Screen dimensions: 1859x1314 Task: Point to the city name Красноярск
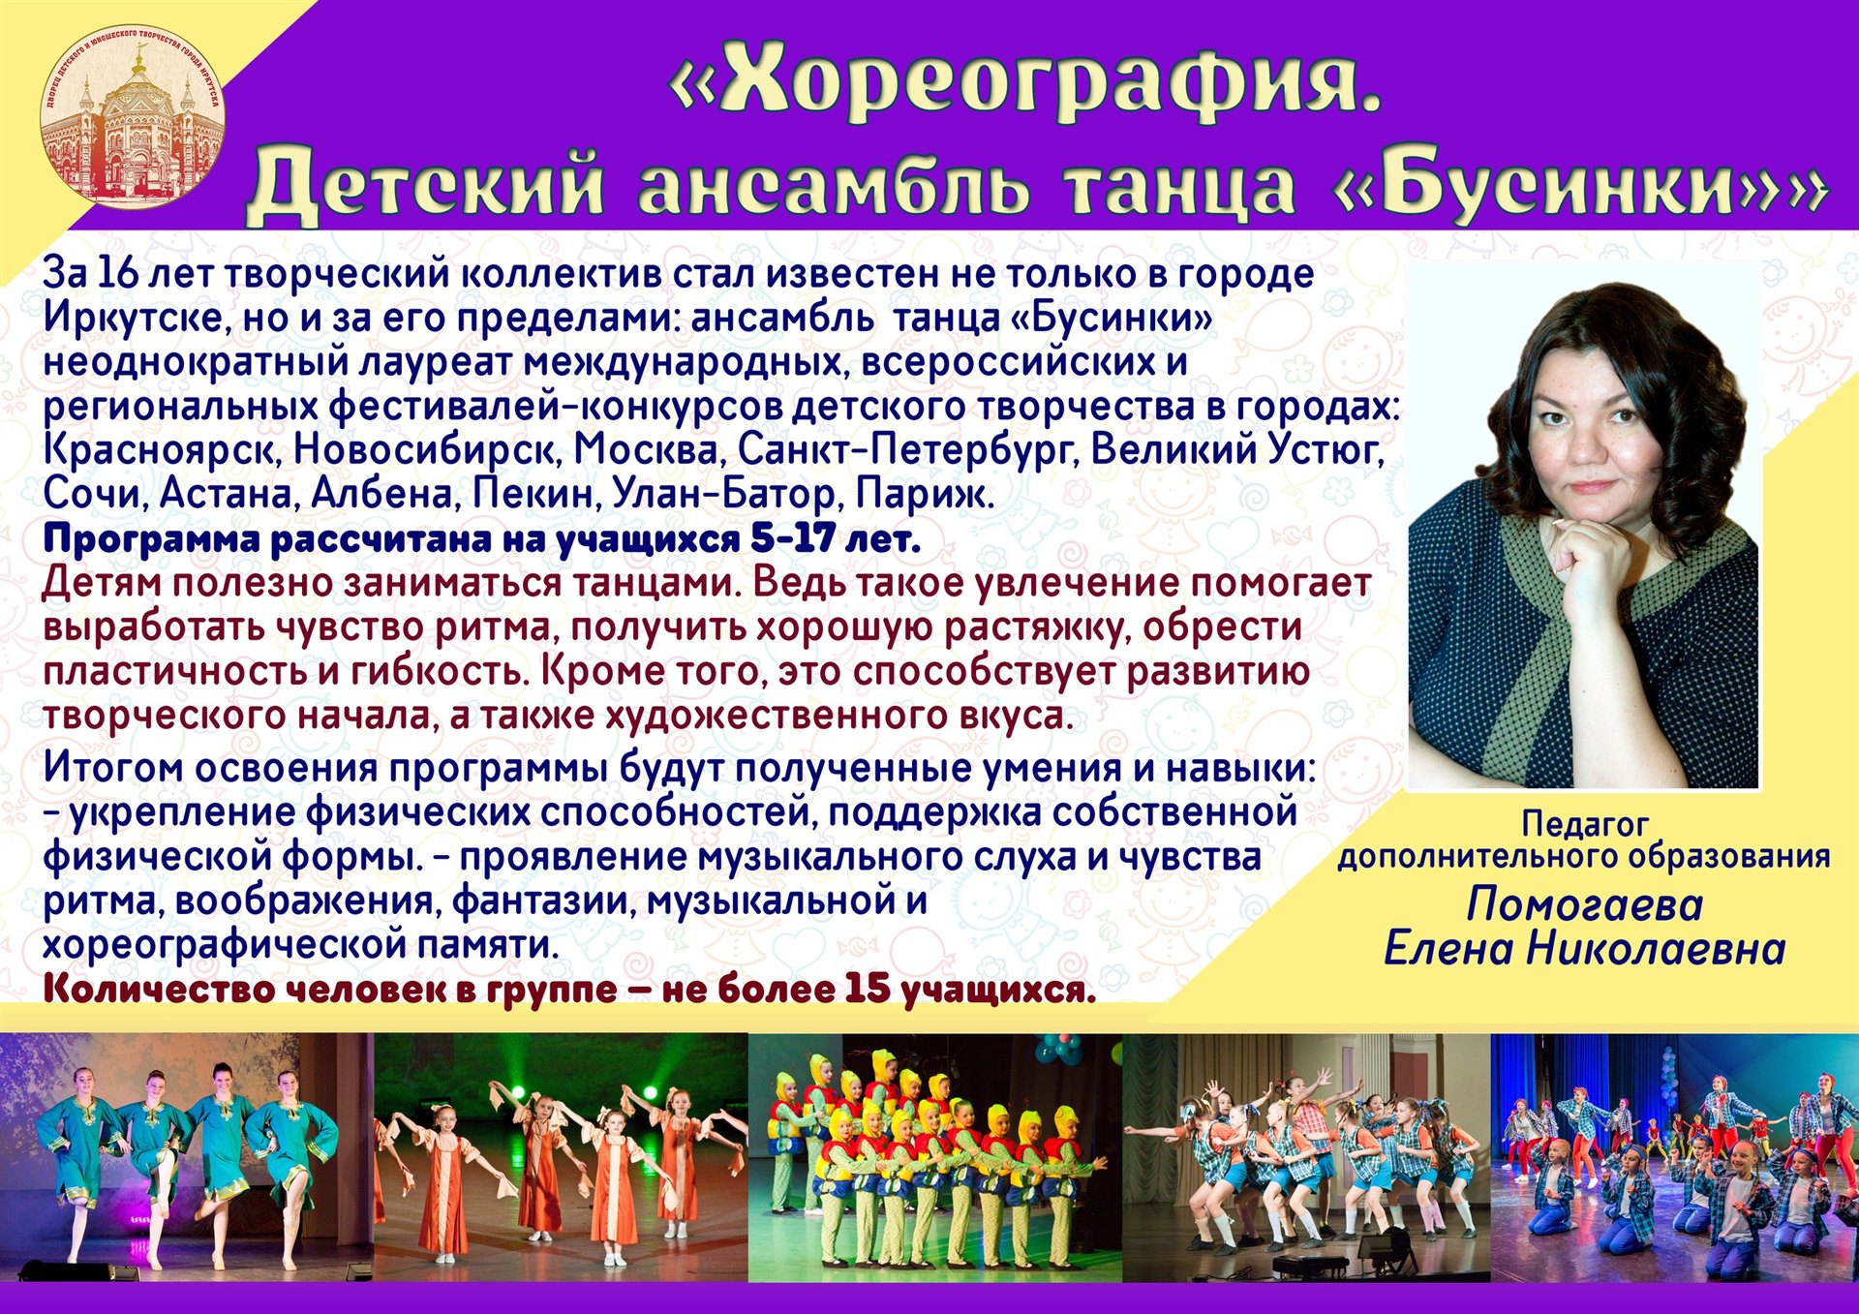click(x=163, y=450)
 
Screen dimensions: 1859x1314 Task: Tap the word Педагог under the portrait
click(x=1584, y=823)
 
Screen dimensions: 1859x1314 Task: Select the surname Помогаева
click(x=1585, y=904)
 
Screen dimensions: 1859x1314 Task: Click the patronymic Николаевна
click(x=1657, y=948)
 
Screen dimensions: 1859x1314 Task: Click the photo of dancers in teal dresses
click(x=187, y=1157)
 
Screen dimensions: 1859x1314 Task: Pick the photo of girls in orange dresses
click(x=561, y=1157)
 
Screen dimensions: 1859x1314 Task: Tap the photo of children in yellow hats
click(x=934, y=1157)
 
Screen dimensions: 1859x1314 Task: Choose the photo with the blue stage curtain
click(x=1675, y=1157)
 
